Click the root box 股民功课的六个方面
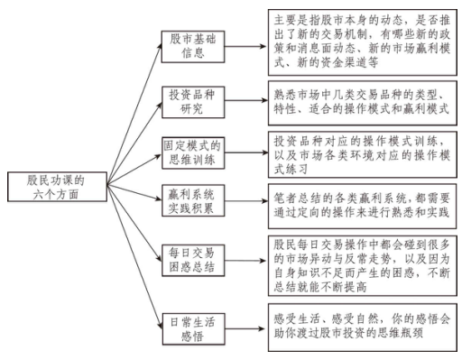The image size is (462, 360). tap(57, 187)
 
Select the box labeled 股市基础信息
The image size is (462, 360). tap(193, 47)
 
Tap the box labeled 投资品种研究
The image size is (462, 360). tap(193, 102)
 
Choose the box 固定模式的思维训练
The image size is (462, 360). tap(193, 153)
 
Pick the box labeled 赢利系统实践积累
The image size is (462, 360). tap(193, 200)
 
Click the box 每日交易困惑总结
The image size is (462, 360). tap(193, 261)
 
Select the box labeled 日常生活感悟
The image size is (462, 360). tap(193, 329)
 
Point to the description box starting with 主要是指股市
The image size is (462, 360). tap(363, 42)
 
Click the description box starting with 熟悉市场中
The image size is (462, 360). tap(363, 103)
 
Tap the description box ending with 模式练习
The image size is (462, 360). tap(363, 154)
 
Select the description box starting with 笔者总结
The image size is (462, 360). tap(363, 207)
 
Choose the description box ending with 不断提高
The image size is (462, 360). tap(363, 266)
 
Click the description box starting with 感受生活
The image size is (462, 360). tap(363, 328)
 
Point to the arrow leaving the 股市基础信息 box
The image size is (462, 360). tap(246, 47)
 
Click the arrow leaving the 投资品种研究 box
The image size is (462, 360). tap(246, 100)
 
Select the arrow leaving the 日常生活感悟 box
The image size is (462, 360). tap(246, 328)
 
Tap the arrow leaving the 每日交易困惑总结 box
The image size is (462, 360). tap(246, 261)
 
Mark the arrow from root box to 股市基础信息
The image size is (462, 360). tap(134, 114)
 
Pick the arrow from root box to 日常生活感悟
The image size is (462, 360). tap(134, 257)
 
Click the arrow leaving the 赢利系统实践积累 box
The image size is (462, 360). tap(246, 201)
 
